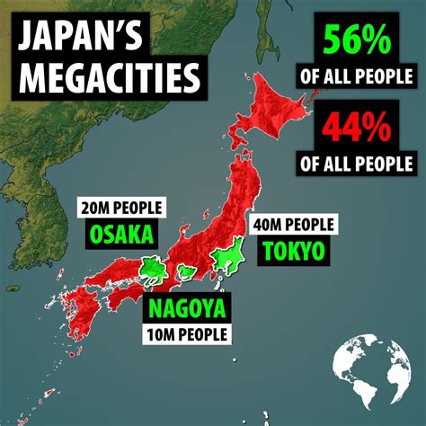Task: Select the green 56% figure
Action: click(358, 40)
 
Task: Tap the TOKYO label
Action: click(291, 251)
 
